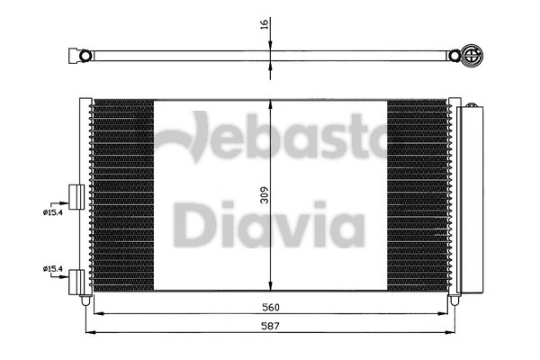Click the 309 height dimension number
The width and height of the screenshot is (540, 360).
263,195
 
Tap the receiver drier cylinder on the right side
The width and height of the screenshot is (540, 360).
471,198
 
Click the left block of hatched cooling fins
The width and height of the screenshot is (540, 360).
122,193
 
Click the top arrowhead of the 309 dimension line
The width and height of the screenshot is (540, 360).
272,100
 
